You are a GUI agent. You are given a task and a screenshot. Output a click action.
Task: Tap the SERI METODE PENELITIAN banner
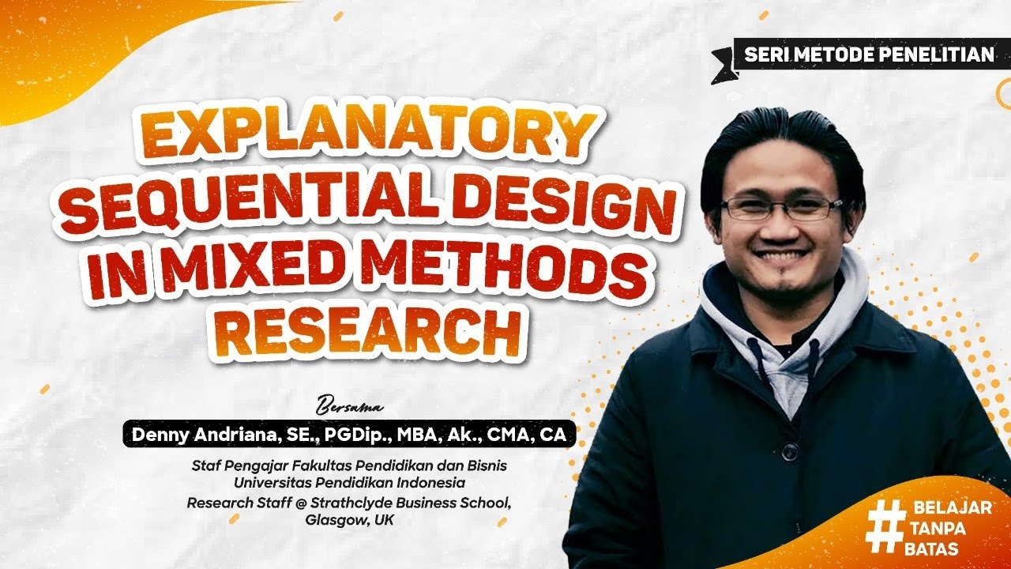(869, 55)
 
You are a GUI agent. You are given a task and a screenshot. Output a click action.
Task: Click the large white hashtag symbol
(885, 526)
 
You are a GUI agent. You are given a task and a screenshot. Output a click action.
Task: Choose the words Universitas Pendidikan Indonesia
(349, 481)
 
